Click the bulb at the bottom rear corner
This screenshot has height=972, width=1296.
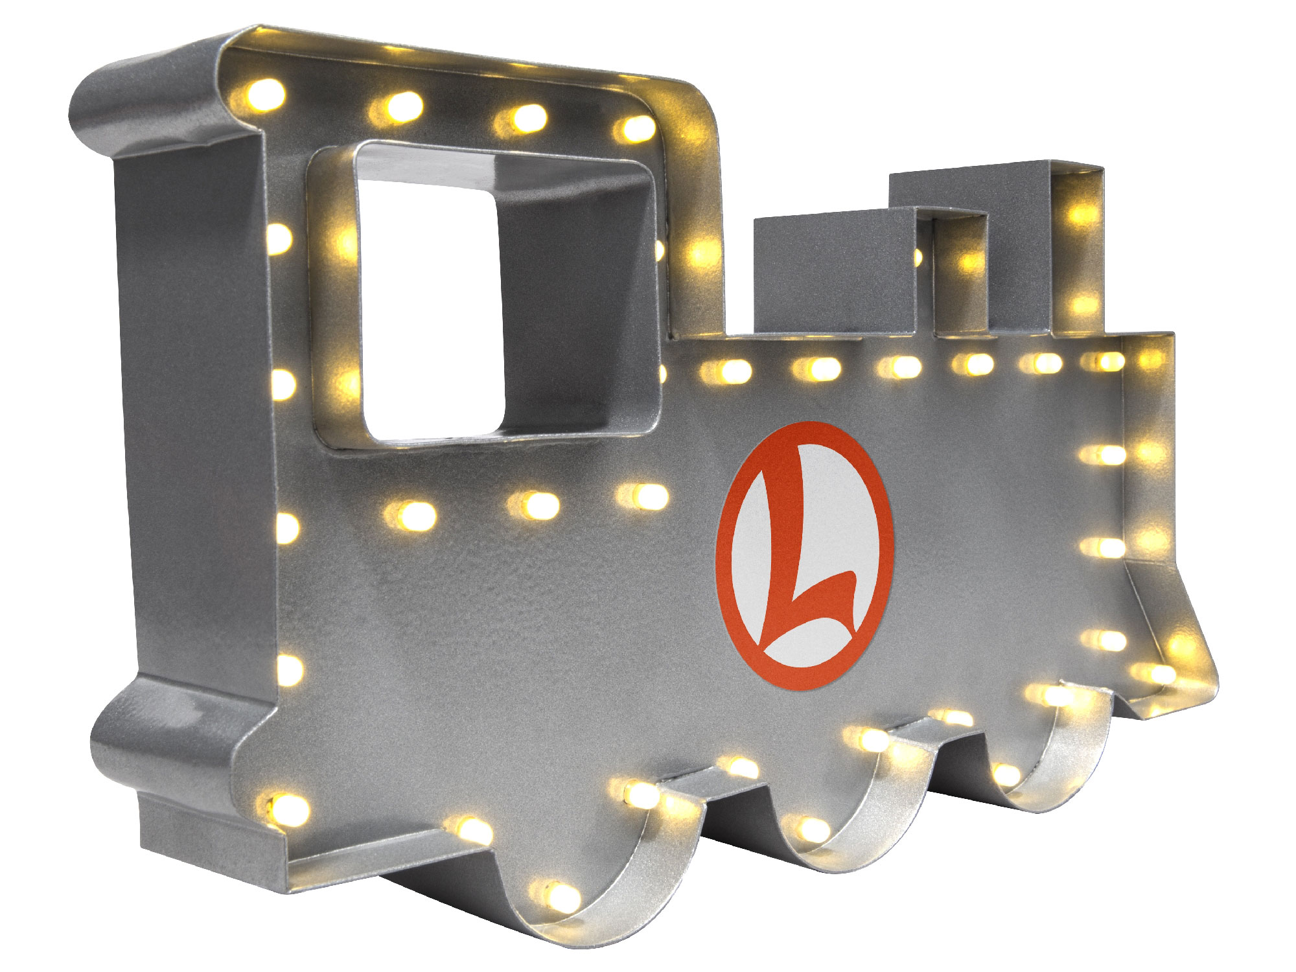click(285, 807)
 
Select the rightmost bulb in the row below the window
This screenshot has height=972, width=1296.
click(645, 496)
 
